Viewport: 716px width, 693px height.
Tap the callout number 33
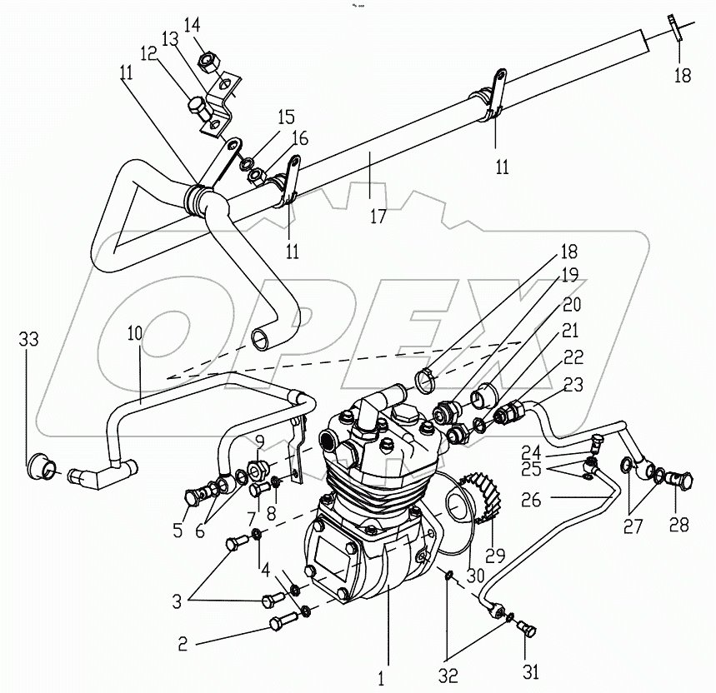pos(28,339)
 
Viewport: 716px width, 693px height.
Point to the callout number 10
pos(135,333)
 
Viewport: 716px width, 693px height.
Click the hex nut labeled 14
pos(208,61)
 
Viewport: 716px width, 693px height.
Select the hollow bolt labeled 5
pos(194,496)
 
